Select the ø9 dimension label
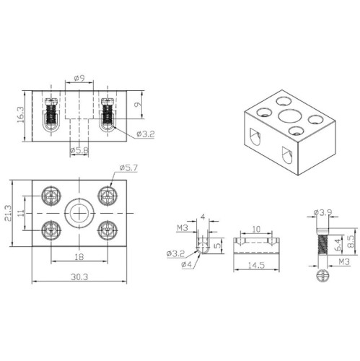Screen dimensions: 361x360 (x=79, y=77)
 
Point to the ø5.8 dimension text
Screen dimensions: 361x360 (x=79, y=150)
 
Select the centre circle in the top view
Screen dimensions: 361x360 (x=78, y=212)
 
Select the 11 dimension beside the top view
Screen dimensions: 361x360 (x=22, y=213)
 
